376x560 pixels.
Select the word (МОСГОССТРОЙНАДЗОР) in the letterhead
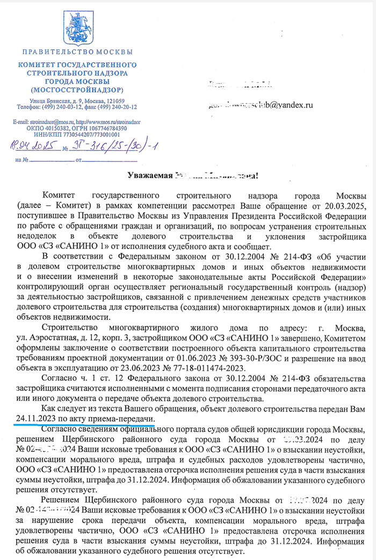click(x=77, y=89)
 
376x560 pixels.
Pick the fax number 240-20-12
click(x=120, y=107)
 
